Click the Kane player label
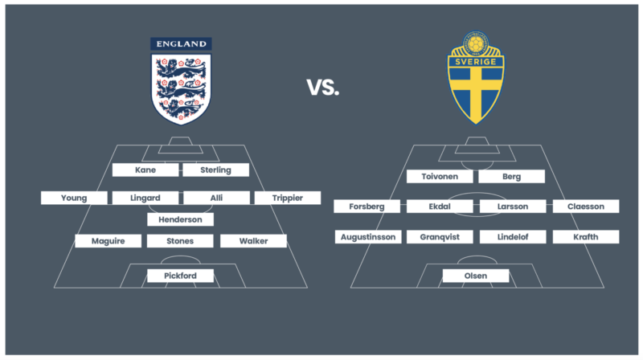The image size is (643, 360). point(145,170)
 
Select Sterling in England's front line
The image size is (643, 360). point(215,170)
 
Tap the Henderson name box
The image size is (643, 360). point(180,219)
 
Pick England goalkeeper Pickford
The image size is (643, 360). point(180,276)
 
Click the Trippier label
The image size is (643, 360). point(288,198)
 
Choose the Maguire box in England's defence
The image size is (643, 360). point(109,241)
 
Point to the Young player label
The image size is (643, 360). point(74,198)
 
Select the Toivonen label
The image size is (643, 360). point(440,176)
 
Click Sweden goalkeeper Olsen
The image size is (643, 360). point(476,276)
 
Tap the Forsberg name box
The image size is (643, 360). point(367,207)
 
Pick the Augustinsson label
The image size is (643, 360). point(368,236)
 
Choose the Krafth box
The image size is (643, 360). point(586,236)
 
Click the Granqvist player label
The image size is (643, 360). point(440,236)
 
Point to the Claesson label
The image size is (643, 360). point(586,207)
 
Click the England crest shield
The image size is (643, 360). point(181,88)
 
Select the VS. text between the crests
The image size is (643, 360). point(323,88)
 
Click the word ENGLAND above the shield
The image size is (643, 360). point(182,44)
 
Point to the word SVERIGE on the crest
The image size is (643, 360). point(476,62)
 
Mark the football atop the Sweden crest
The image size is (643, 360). point(476,43)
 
